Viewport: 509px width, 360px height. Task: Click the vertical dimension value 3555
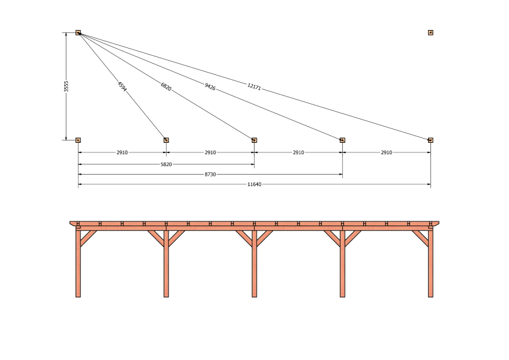tap(66, 86)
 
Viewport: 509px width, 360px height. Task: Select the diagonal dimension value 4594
tap(122, 86)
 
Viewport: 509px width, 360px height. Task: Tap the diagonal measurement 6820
tap(166, 87)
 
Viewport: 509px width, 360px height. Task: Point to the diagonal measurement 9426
tap(210, 86)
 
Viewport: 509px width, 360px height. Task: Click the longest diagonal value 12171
tap(254, 87)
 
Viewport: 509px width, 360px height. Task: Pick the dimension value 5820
tap(166, 164)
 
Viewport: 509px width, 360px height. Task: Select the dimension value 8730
tap(210, 175)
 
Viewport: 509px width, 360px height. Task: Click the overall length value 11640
tap(254, 185)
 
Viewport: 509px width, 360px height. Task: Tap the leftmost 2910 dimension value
tap(122, 152)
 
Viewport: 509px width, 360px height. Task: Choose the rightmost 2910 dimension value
tap(386, 152)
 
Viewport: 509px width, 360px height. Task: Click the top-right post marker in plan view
tap(430, 32)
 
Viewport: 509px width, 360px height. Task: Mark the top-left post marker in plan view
tap(78, 32)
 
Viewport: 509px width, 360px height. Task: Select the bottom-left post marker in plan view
tap(78, 140)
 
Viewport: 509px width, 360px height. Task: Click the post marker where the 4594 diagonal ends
tap(166, 140)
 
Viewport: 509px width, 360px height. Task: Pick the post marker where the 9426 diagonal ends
tap(342, 140)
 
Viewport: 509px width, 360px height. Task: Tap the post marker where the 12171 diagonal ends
tap(430, 140)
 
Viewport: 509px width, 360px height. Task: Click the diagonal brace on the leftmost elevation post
tap(88, 238)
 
